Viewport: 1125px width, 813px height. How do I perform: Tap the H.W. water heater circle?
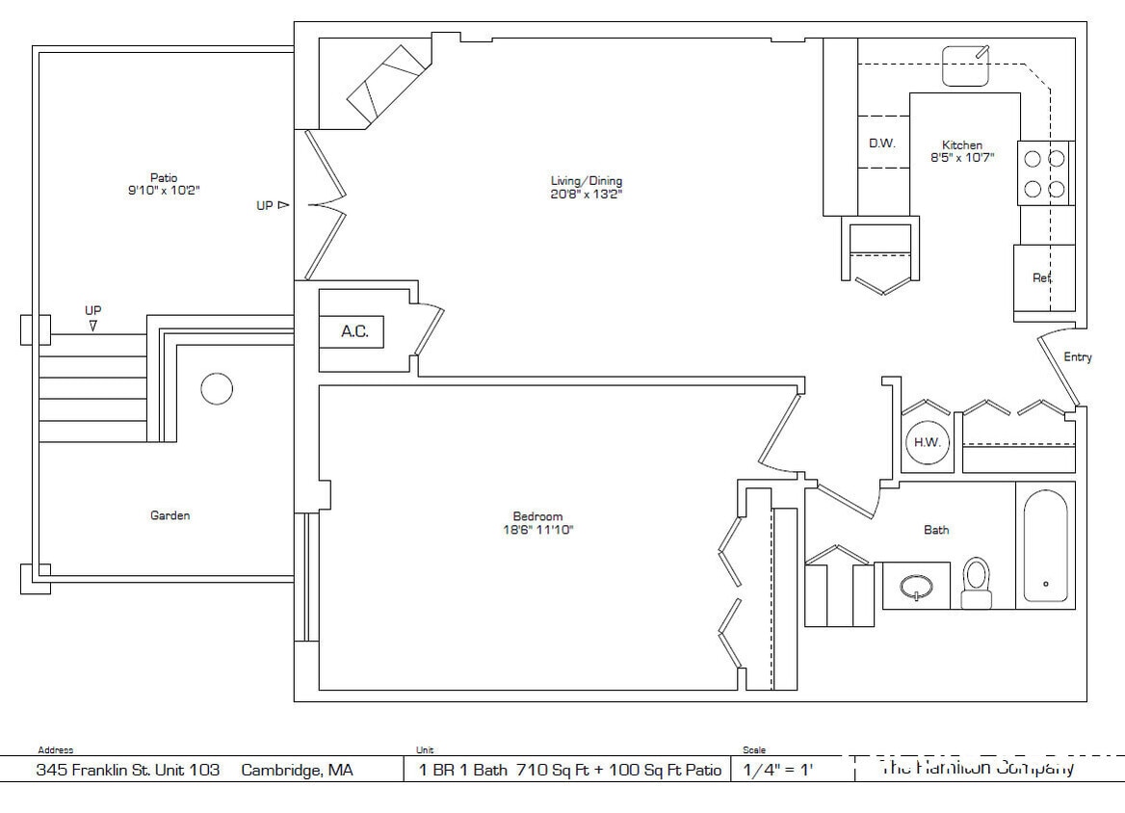pyautogui.click(x=928, y=442)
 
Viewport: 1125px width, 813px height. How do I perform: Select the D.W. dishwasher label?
pyautogui.click(x=881, y=143)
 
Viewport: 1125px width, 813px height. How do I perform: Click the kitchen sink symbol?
pyautogui.click(x=966, y=66)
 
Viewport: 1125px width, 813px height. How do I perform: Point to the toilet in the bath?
pyautogui.click(x=976, y=582)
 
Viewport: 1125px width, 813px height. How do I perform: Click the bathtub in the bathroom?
pyautogui.click(x=1045, y=545)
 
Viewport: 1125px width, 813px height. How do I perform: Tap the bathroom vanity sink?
pyautogui.click(x=916, y=586)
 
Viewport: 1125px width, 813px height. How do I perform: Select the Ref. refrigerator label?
pyautogui.click(x=1041, y=277)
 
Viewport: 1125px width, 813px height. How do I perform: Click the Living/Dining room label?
pyautogui.click(x=586, y=180)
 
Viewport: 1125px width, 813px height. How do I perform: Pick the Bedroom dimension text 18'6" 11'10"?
pyautogui.click(x=537, y=530)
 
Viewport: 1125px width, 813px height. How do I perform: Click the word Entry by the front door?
pyautogui.click(x=1077, y=357)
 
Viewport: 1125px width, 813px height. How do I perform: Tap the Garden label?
pyautogui.click(x=170, y=515)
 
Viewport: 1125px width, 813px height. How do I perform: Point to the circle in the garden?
pyautogui.click(x=216, y=389)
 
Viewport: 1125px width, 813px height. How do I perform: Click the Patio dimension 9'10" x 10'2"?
pyautogui.click(x=163, y=191)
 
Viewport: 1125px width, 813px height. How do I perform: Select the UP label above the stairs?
pyautogui.click(x=93, y=310)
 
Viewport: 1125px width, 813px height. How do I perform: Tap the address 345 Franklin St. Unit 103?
pyautogui.click(x=127, y=770)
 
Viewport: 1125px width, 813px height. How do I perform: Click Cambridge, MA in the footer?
pyautogui.click(x=297, y=770)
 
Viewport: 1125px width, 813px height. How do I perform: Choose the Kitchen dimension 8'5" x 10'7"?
pyautogui.click(x=961, y=157)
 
